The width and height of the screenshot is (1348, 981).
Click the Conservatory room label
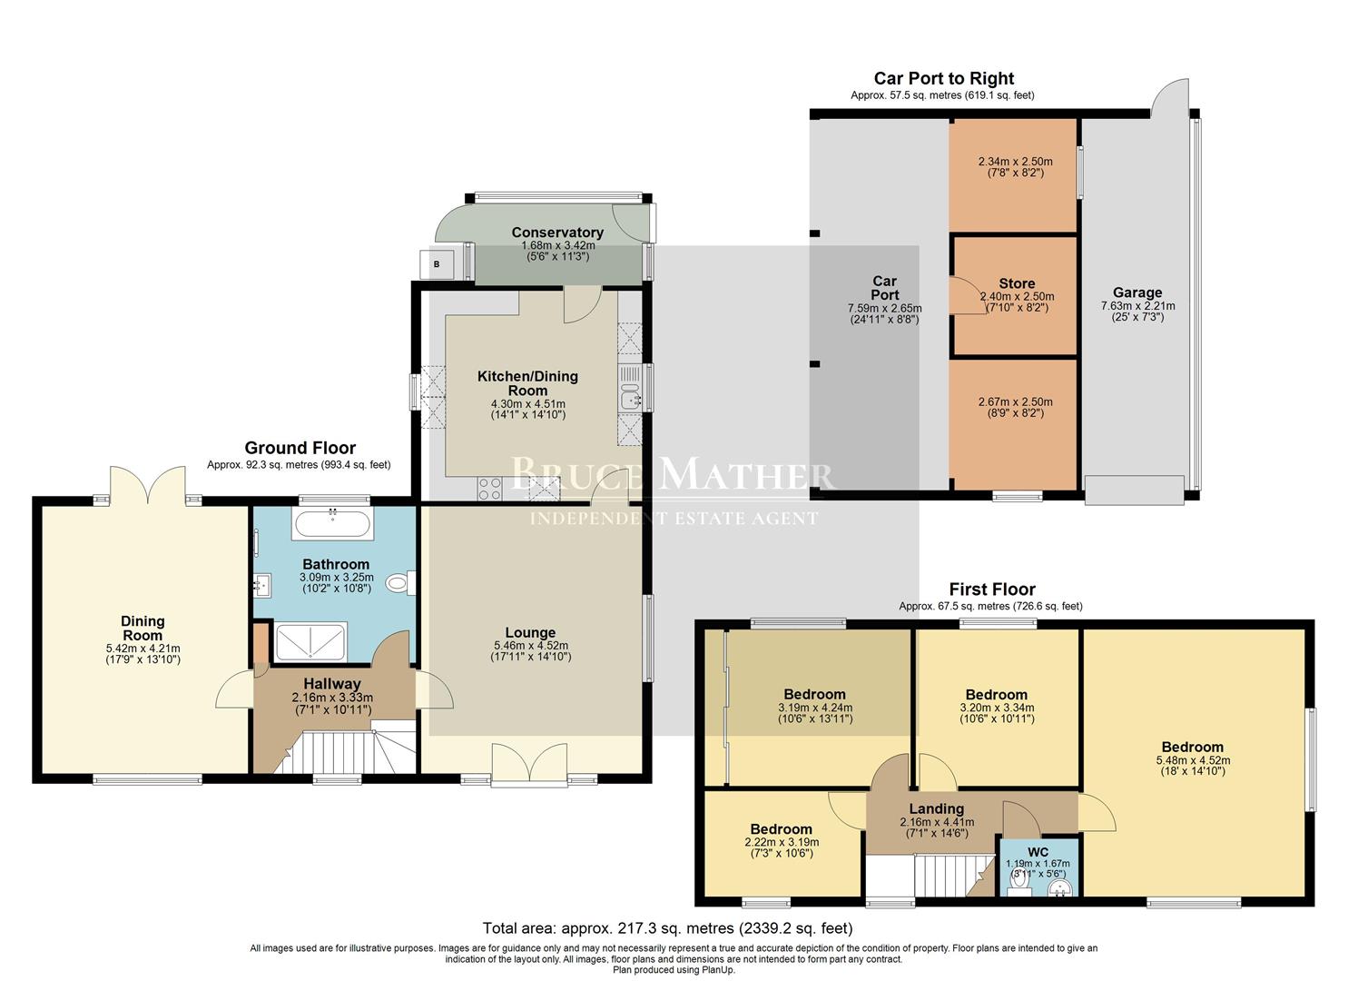pyautogui.click(x=556, y=233)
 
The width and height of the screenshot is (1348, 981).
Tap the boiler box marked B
pyautogui.click(x=437, y=263)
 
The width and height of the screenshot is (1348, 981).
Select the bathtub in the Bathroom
pyautogui.click(x=332, y=523)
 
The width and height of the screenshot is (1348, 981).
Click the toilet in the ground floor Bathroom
pyautogui.click(x=398, y=583)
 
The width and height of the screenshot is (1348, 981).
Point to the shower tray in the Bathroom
pyautogui.click(x=310, y=641)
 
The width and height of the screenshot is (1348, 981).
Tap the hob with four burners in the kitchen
pyautogui.click(x=489, y=489)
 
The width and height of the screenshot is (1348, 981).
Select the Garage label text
pyautogui.click(x=1137, y=292)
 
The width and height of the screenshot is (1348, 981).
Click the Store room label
pyautogui.click(x=1017, y=283)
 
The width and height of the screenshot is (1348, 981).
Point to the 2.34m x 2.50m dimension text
pyautogui.click(x=1015, y=163)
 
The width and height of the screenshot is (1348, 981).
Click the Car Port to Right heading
pyautogui.click(x=943, y=79)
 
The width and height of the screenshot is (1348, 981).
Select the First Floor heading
pyautogui.click(x=992, y=590)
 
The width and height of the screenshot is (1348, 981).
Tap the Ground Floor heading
pyautogui.click(x=300, y=448)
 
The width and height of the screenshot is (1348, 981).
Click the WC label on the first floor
pyautogui.click(x=1038, y=852)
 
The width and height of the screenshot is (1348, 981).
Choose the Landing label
pyautogui.click(x=937, y=808)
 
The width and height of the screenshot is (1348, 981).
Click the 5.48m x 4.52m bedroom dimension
pyautogui.click(x=1193, y=760)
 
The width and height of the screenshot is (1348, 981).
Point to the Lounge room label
pyautogui.click(x=530, y=633)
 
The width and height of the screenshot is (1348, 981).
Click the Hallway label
pyautogui.click(x=331, y=684)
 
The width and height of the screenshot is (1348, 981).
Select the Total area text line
pyautogui.click(x=667, y=928)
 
